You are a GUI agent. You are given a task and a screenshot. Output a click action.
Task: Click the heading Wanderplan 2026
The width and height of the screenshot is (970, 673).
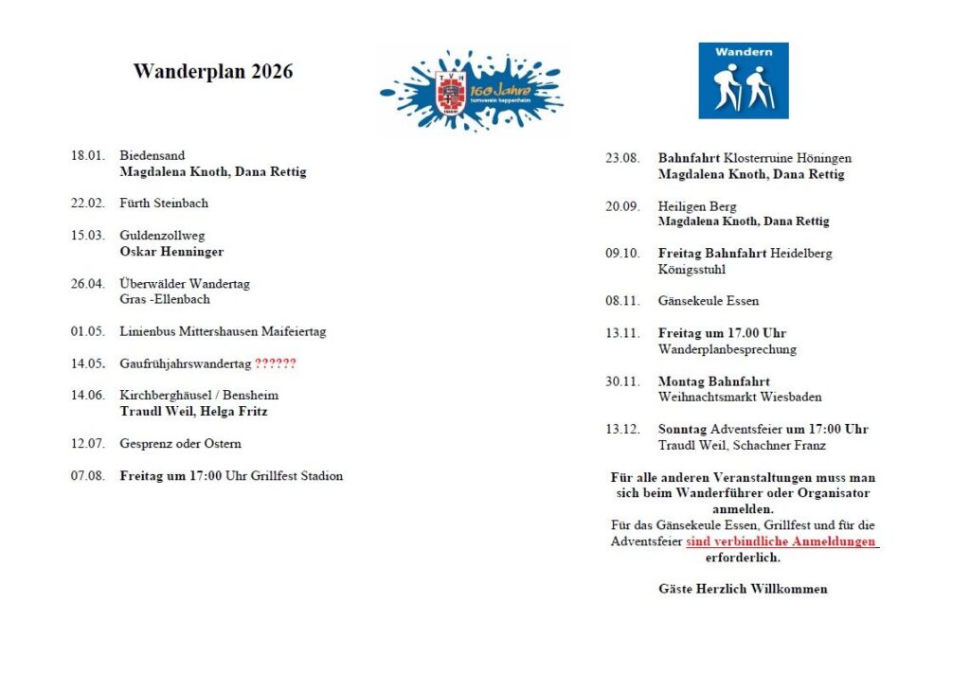(x=213, y=72)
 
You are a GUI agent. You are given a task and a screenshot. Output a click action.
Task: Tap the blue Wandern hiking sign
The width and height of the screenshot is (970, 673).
(x=744, y=80)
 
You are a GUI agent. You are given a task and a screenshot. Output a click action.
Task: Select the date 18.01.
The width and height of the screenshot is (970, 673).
(x=87, y=155)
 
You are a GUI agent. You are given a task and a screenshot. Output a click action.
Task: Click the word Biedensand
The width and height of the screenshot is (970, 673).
(x=153, y=155)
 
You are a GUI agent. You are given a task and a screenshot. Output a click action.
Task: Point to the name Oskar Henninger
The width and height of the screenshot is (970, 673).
(x=172, y=252)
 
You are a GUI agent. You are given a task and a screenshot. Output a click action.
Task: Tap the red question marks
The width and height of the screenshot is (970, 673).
(x=276, y=363)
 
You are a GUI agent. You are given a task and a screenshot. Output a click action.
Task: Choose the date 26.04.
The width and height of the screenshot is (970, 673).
(x=87, y=283)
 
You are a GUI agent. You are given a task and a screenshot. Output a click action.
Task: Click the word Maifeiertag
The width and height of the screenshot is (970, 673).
(x=291, y=332)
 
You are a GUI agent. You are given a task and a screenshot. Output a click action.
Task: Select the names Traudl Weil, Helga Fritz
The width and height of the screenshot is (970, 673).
(x=193, y=412)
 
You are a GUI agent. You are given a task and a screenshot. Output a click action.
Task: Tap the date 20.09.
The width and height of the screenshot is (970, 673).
(x=622, y=206)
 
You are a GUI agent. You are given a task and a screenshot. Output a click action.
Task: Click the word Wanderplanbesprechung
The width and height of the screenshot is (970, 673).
(x=727, y=349)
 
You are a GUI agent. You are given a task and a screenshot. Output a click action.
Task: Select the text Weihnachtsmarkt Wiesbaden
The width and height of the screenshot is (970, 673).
(x=740, y=398)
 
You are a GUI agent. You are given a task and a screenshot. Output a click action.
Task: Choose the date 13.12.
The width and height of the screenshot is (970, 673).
(x=622, y=429)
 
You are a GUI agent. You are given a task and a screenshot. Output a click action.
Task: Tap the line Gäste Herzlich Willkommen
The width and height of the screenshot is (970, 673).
(x=743, y=589)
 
